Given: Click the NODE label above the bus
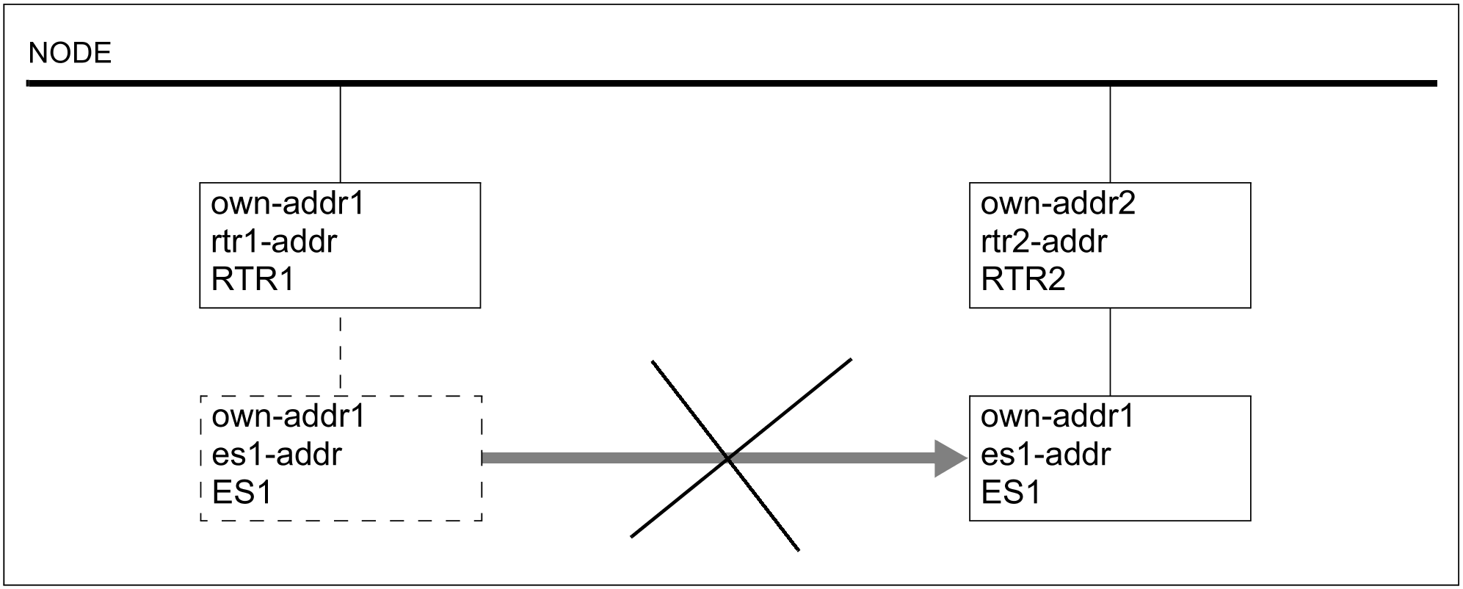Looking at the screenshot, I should click(x=70, y=54).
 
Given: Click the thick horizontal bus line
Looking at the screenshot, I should click(x=731, y=84).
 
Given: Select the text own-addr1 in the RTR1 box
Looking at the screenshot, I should click(x=288, y=203).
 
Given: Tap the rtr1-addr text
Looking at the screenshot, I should click(x=274, y=242).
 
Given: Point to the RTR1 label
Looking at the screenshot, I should click(x=253, y=280).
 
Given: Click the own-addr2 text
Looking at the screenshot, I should click(x=1058, y=203).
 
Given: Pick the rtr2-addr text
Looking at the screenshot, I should click(x=1044, y=242).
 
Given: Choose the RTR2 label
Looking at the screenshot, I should click(x=1023, y=280).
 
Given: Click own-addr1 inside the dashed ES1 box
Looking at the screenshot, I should click(x=288, y=417).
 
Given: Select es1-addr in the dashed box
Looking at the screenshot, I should click(x=277, y=455).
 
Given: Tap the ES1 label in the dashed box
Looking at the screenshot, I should click(x=242, y=493).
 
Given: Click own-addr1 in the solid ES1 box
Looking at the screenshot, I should click(x=1057, y=417).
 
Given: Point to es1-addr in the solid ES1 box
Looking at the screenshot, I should click(x=1045, y=455).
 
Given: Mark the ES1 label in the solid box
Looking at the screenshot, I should click(x=1011, y=493).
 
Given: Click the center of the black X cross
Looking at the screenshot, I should click(x=727, y=458).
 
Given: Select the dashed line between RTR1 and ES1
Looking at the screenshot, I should click(x=341, y=353).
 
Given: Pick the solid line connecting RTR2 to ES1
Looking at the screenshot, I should click(x=1110, y=352).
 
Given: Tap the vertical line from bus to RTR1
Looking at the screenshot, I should click(x=341, y=134).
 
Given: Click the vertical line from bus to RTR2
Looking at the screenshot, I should click(x=1110, y=134).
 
